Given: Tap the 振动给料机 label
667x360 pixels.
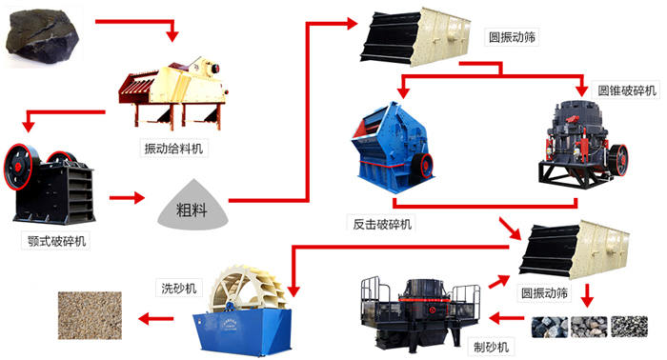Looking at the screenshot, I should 173,148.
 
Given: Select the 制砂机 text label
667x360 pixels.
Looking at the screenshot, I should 492,346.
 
